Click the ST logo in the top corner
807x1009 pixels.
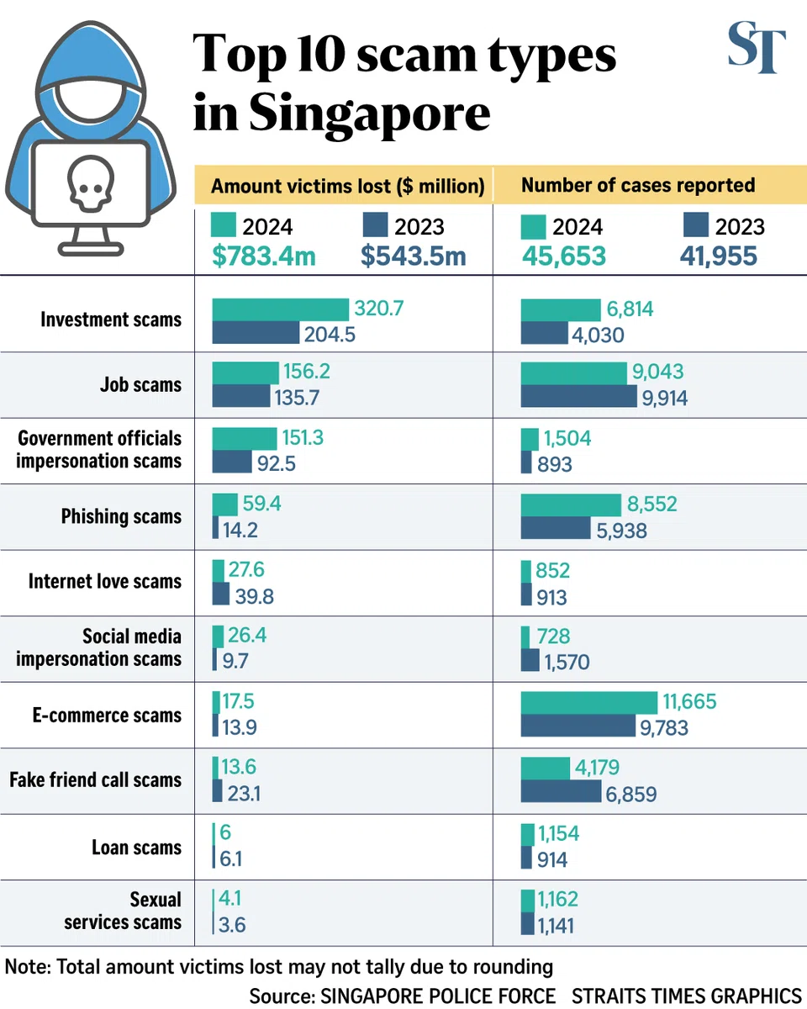click(x=757, y=50)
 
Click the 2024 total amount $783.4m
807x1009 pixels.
click(x=263, y=256)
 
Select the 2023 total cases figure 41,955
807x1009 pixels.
click(x=718, y=256)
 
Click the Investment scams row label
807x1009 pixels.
click(x=110, y=320)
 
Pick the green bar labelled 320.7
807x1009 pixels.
click(x=280, y=309)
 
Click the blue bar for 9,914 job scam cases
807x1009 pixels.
click(x=579, y=397)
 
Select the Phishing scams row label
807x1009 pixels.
click(x=121, y=516)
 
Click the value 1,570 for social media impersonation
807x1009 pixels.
click(x=567, y=661)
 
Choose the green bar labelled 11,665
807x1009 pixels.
click(x=589, y=702)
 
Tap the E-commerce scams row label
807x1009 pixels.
click(x=107, y=716)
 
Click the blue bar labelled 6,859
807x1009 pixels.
click(x=562, y=792)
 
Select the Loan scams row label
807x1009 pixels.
click(x=136, y=847)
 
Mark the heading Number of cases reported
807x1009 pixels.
click(x=638, y=186)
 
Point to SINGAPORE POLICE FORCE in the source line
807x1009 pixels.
click(x=437, y=996)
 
